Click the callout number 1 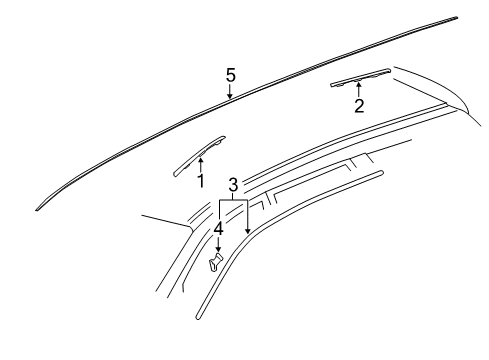tap(200, 181)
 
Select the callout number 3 tap(232, 185)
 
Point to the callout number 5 tap(230, 75)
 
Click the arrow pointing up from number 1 tap(200, 160)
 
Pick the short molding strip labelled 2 tap(360, 79)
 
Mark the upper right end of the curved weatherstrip tap(380, 172)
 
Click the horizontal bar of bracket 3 tap(232, 200)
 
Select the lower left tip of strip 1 tap(178, 173)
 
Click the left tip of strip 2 tap(331, 87)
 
